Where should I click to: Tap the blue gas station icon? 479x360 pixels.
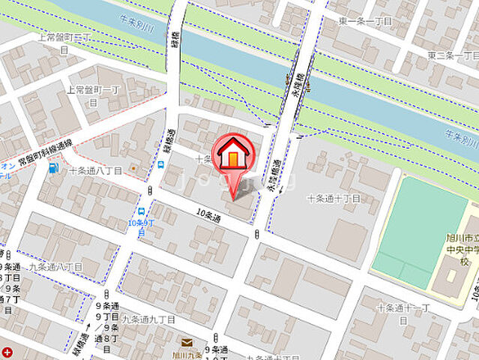click(52, 168)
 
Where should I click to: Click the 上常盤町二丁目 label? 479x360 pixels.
click(64, 42)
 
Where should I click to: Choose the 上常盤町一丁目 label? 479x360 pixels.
click(93, 94)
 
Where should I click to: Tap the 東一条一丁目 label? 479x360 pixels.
click(365, 21)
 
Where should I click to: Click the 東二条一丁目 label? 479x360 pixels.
click(453, 55)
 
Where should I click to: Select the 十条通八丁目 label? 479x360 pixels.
click(97, 170)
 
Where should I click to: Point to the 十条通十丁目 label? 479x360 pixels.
click(334, 199)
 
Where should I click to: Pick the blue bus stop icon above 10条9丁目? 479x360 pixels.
click(142, 212)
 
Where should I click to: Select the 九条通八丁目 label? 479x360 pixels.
click(55, 266)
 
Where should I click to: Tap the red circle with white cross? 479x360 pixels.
click(7, 352)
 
